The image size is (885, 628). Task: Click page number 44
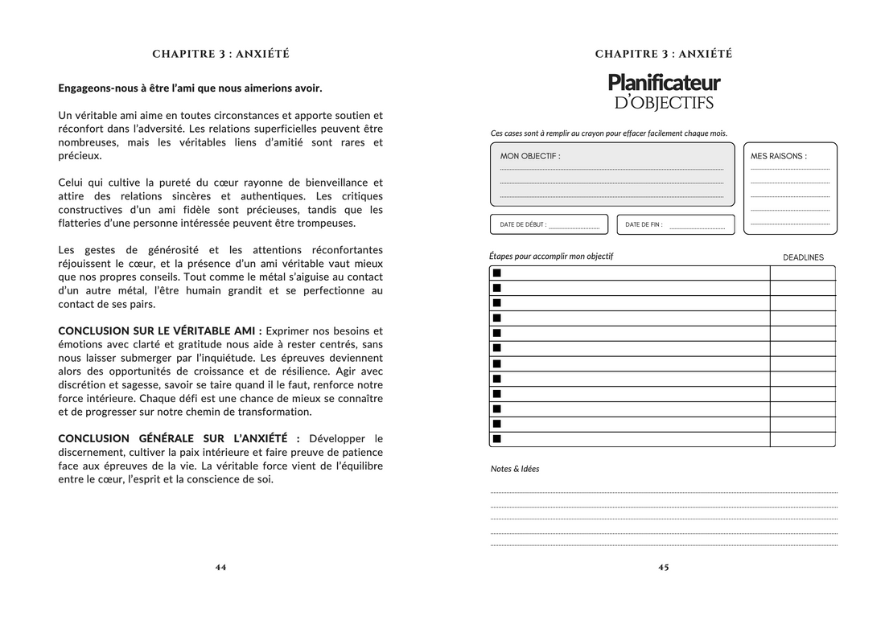pyautogui.click(x=220, y=567)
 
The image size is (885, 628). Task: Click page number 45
pyautogui.click(x=664, y=567)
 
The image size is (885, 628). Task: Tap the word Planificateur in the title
pyautogui.click(x=664, y=82)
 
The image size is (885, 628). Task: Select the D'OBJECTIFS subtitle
pyautogui.click(x=664, y=103)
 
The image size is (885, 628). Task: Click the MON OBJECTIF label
pyautogui.click(x=530, y=156)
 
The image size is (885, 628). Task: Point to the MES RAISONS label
pyautogui.click(x=778, y=156)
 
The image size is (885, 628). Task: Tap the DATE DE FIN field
pyautogui.click(x=676, y=224)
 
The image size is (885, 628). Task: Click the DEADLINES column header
pyautogui.click(x=803, y=257)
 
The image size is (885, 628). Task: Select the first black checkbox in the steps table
pyautogui.click(x=496, y=273)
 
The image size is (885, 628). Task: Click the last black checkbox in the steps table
pyautogui.click(x=496, y=439)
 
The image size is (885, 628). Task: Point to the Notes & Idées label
pyautogui.click(x=515, y=469)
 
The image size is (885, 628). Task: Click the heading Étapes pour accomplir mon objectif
pyautogui.click(x=551, y=257)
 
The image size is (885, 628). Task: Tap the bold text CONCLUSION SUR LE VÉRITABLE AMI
pyautogui.click(x=159, y=330)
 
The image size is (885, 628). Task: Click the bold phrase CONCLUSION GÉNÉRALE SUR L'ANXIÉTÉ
pyautogui.click(x=179, y=438)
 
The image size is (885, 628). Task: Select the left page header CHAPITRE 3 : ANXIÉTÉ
pyautogui.click(x=220, y=54)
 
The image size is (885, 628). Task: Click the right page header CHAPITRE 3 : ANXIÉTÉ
pyautogui.click(x=664, y=54)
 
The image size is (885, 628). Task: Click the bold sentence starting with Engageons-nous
pyautogui.click(x=190, y=88)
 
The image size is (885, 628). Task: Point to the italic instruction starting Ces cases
pyautogui.click(x=608, y=133)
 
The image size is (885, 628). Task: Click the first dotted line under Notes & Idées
pyautogui.click(x=664, y=492)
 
